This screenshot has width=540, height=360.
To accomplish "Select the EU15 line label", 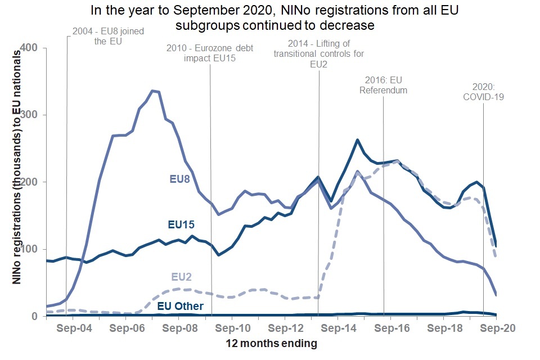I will point(182,224).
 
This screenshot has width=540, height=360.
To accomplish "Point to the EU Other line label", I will point(179,307).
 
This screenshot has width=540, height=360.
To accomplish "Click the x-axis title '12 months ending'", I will point(271,343).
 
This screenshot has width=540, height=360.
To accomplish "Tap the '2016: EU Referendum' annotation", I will point(384,85).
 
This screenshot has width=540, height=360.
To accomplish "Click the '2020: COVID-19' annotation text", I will point(484,92).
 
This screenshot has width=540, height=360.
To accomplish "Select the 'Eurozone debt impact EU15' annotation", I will point(210,53).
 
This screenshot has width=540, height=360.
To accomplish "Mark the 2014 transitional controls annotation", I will point(318,53).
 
